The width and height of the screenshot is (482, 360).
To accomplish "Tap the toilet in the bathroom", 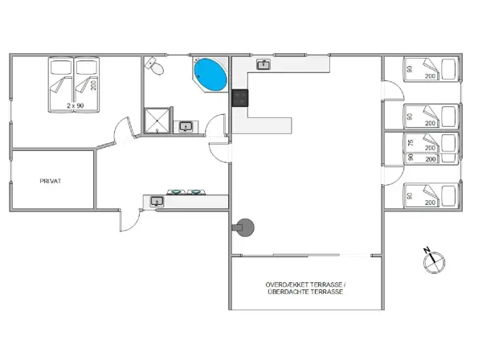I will [x=155, y=67].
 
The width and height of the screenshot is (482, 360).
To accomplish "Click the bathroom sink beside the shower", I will [x=186, y=126].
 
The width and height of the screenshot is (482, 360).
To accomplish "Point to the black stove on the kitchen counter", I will [x=239, y=98].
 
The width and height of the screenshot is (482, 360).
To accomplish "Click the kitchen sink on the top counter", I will [x=263, y=63].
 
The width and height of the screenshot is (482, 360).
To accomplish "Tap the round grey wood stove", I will [x=246, y=228].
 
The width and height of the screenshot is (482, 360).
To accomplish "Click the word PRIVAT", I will [x=51, y=181].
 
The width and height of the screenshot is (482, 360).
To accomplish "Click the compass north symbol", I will [x=432, y=258].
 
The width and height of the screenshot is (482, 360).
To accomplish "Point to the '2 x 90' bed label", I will [x=76, y=105].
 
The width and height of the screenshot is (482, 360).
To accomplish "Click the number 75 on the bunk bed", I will [x=410, y=142].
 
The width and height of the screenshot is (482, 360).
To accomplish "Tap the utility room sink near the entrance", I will [x=157, y=201].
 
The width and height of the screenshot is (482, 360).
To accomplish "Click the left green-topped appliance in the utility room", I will [x=174, y=193].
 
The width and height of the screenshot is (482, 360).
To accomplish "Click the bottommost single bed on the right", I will [x=431, y=195].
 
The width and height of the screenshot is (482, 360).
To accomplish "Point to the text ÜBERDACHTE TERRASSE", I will [x=305, y=292].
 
